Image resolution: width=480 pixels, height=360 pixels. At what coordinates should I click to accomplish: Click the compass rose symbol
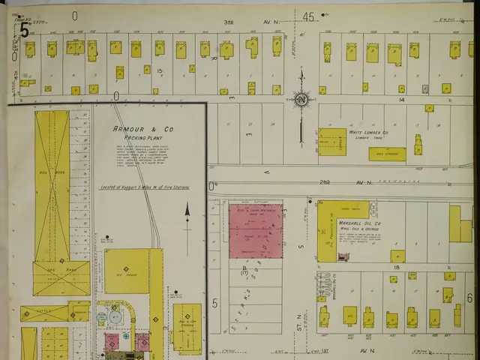coord(301,100)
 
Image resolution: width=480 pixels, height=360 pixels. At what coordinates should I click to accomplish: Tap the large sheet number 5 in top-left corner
coord(25,31)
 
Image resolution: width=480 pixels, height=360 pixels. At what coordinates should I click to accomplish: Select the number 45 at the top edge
coord(308,16)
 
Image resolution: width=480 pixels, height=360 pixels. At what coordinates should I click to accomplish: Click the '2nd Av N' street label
coord(343,182)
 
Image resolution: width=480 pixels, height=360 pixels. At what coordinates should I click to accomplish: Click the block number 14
coord(401,99)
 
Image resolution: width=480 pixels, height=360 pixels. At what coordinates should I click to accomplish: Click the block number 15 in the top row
coord(159,70)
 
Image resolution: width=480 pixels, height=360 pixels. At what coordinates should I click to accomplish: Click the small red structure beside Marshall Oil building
coord(343,257)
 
